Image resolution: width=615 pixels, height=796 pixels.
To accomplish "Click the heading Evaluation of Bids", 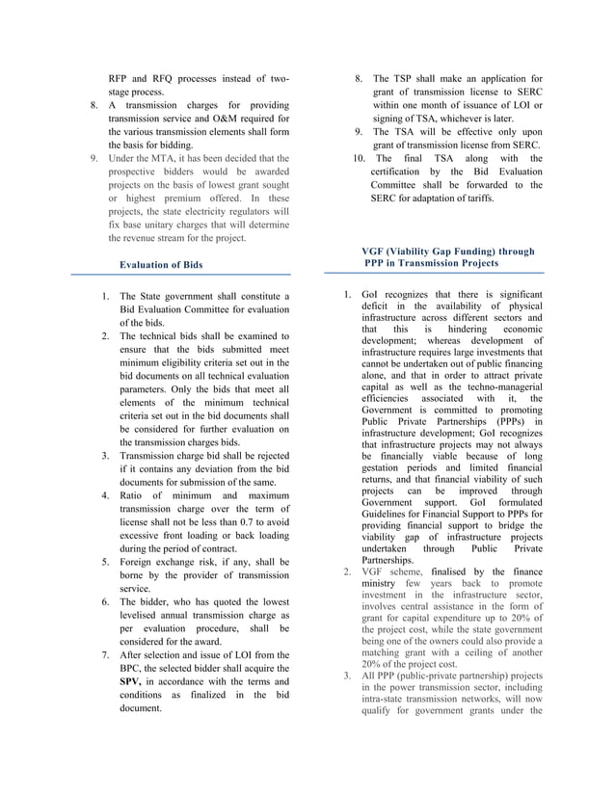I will click(160, 263).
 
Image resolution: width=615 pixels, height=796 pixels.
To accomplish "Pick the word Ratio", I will click(136, 495).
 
